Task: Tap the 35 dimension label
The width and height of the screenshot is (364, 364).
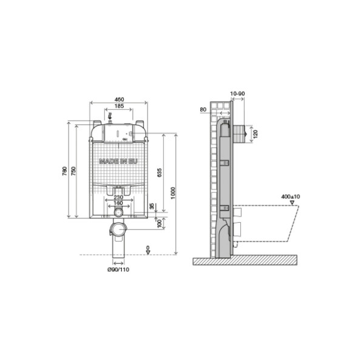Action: (x=152, y=206)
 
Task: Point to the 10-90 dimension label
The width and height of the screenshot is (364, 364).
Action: (x=238, y=95)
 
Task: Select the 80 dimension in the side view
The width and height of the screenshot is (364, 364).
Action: (x=203, y=110)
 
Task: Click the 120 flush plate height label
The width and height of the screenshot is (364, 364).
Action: (x=255, y=133)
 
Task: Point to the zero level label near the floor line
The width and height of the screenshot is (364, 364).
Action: (x=149, y=248)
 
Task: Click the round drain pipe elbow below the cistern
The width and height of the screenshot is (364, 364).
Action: (x=118, y=231)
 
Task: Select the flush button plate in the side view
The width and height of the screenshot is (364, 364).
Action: (x=243, y=132)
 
